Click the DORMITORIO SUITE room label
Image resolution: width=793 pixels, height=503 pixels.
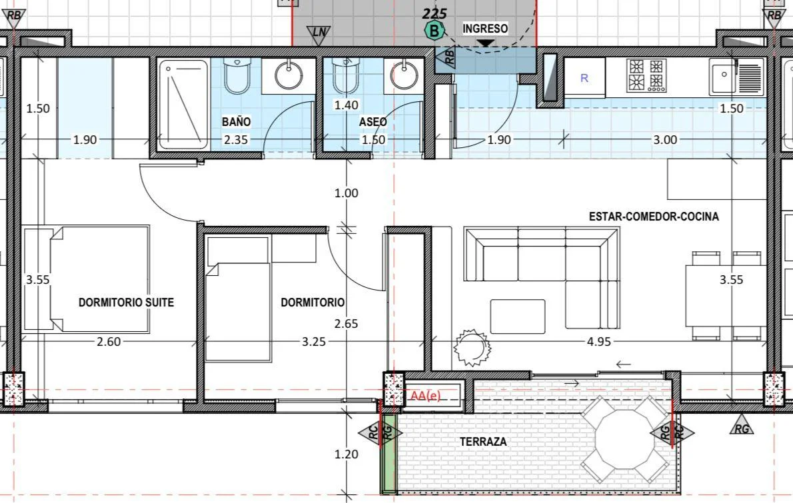pos(126,302)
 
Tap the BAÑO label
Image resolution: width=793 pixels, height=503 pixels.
pos(236,121)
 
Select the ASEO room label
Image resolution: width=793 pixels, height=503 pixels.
pos(373,122)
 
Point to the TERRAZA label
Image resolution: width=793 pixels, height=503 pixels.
pos(483,441)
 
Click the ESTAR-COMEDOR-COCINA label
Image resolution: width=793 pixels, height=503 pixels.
pos(654,217)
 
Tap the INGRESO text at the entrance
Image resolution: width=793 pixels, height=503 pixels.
pos(485,28)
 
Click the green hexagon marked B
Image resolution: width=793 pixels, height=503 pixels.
pos(434,31)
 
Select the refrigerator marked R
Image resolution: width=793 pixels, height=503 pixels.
pos(584,77)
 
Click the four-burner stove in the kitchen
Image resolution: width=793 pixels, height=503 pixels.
pos(646,75)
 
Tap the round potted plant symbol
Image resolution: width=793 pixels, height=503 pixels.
pos(472,347)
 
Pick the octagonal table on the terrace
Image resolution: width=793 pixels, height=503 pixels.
pos(625,439)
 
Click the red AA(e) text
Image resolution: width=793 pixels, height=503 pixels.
pos(425,395)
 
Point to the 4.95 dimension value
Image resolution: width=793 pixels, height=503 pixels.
pos(599,342)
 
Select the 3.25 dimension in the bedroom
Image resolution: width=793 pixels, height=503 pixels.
pos(314,342)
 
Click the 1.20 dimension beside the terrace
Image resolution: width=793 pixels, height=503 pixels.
pos(347,454)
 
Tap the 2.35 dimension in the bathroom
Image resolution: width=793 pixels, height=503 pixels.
pos(236,139)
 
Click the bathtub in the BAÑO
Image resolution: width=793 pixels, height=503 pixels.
pos(183,105)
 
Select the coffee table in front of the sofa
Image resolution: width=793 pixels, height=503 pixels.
pos(518,316)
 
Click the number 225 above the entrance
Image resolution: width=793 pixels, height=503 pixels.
pos(434,13)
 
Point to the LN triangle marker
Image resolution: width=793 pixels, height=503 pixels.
pos(319,35)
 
